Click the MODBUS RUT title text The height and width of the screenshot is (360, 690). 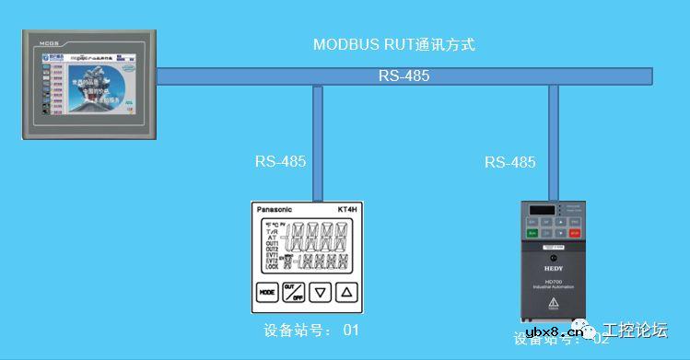tap(393, 44)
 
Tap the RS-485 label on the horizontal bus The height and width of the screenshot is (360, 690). tap(403, 76)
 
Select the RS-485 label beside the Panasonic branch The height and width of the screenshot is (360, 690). tap(280, 161)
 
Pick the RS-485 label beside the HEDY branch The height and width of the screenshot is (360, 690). tap(509, 162)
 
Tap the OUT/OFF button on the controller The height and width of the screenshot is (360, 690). tap(294, 293)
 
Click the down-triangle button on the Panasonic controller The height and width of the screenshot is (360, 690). tap(320, 293)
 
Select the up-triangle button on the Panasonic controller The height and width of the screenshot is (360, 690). tap(346, 293)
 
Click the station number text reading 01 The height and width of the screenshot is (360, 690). tap(350, 330)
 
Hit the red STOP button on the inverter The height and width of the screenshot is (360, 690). tap(575, 233)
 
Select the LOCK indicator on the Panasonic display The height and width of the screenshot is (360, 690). tap(272, 266)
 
